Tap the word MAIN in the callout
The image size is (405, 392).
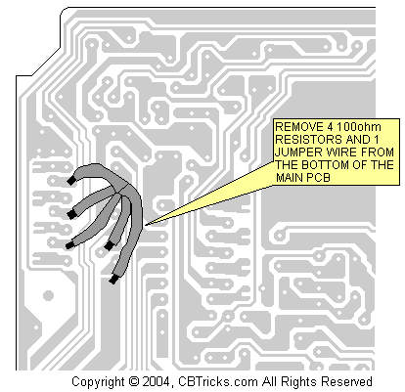[291, 178]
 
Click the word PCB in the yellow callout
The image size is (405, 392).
[319, 178]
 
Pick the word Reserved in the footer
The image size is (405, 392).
[346, 381]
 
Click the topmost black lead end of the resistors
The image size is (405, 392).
[71, 181]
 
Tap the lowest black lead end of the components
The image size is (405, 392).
[113, 279]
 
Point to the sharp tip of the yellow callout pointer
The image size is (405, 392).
[146, 225]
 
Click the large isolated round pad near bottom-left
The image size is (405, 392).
[48, 295]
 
